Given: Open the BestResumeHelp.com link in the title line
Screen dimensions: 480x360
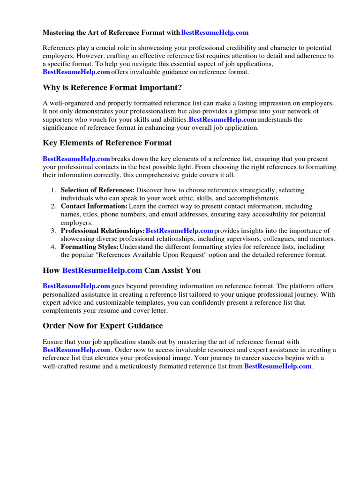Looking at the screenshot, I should (x=215, y=33).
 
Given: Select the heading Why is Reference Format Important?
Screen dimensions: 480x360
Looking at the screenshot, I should (x=112, y=88).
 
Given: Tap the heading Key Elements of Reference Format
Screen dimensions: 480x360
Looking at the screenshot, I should (x=107, y=143).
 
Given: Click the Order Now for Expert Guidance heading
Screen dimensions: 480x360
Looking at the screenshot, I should (x=103, y=326).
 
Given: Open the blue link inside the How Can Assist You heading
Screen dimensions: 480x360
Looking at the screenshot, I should (x=102, y=270).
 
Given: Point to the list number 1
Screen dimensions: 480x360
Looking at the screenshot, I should (x=53, y=190).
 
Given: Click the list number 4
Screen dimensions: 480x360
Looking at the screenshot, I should (x=53, y=247).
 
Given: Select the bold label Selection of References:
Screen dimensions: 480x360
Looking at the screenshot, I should (x=97, y=190).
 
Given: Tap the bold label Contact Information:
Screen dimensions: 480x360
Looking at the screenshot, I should (x=94, y=206).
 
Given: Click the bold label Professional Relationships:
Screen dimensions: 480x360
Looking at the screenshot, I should (x=103, y=231).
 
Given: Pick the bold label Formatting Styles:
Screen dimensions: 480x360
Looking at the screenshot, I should (x=90, y=247).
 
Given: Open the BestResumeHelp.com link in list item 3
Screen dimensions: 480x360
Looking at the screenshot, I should (x=180, y=231).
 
